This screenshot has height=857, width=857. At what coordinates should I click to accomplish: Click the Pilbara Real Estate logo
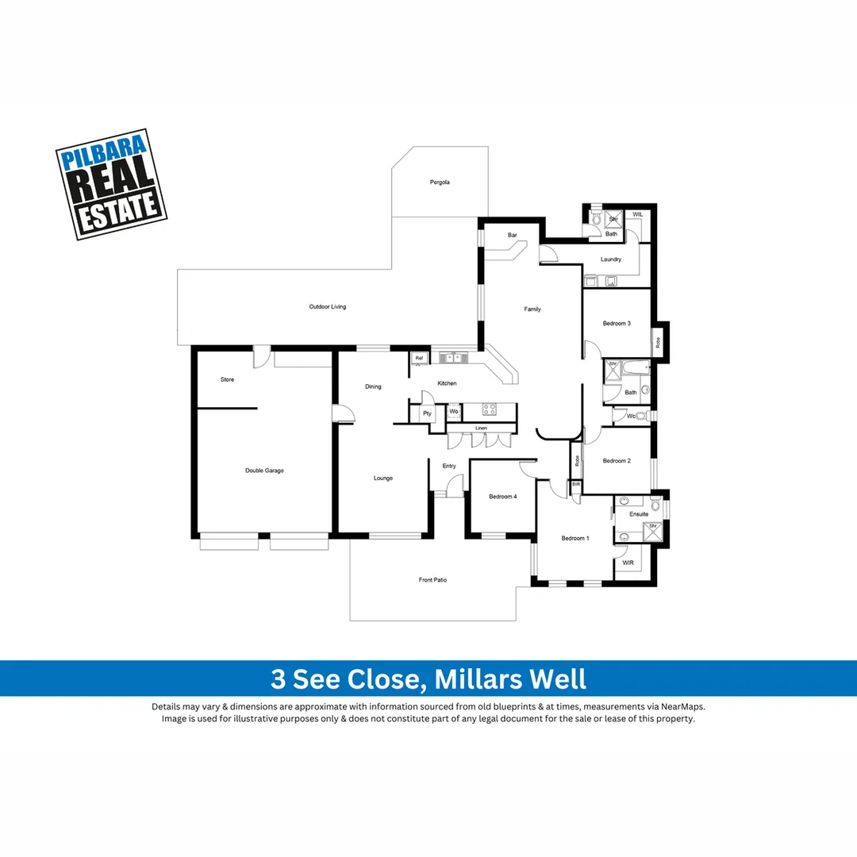(111, 184)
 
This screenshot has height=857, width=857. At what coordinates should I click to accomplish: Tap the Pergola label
(440, 183)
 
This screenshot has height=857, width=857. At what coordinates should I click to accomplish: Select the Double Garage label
(264, 471)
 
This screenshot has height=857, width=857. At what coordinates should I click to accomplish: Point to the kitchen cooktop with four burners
(490, 410)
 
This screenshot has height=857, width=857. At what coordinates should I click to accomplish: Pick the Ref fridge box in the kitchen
(419, 359)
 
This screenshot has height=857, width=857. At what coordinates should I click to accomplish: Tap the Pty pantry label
(427, 413)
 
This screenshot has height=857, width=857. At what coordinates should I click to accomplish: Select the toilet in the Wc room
(641, 416)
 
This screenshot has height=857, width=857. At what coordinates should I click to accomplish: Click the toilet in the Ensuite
(655, 504)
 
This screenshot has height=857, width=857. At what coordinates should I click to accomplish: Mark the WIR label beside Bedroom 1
(628, 563)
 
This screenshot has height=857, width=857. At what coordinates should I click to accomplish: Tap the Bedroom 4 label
(502, 497)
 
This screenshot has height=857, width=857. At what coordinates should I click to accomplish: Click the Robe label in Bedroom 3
(658, 344)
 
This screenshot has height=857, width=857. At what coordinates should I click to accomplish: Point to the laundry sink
(611, 279)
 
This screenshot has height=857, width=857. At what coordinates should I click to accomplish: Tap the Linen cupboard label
(481, 428)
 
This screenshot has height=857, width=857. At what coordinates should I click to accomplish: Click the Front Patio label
(432, 580)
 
